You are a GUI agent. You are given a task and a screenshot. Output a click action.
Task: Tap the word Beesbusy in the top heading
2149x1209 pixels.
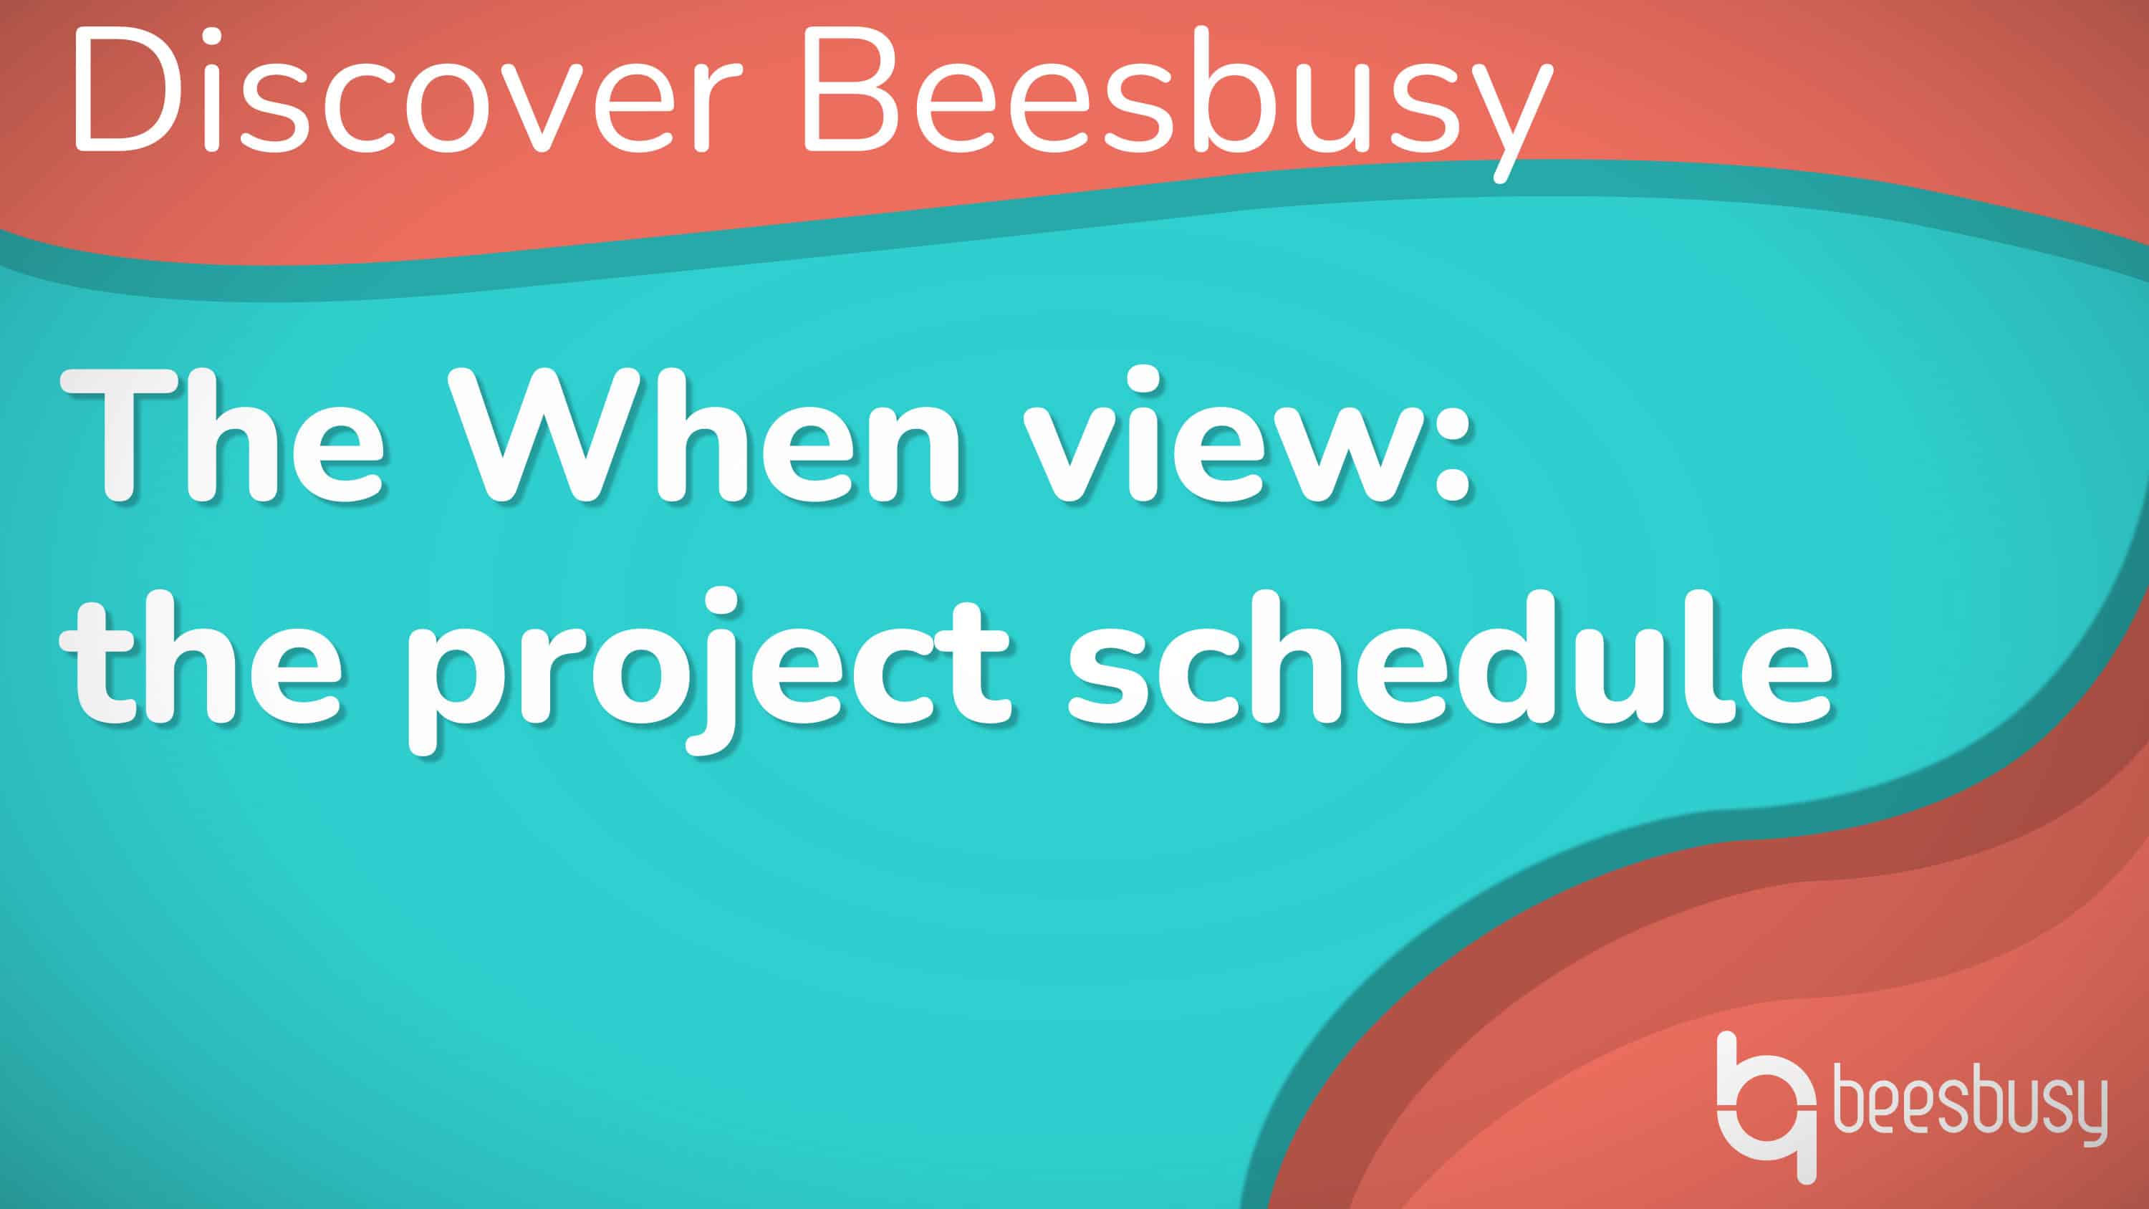1176,105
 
